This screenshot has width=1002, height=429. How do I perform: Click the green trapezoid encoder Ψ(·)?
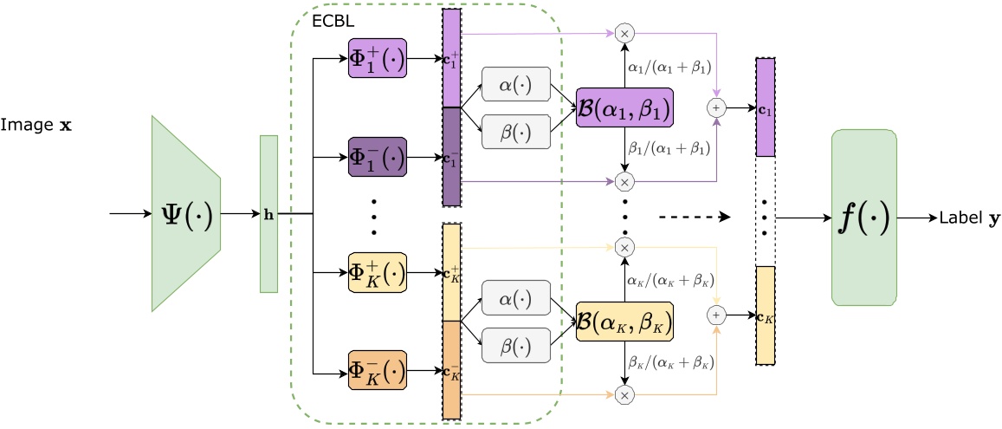[187, 213]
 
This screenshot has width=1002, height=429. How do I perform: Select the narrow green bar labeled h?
[268, 213]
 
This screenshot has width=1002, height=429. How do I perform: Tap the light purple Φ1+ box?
[377, 60]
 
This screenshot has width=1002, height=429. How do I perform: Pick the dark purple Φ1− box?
[377, 158]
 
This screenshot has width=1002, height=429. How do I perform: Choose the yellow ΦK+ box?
[377, 273]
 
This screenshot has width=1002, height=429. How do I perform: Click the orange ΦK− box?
[377, 373]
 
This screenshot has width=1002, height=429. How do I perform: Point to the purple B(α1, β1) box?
[624, 108]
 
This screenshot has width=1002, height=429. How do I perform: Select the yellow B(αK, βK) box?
[624, 322]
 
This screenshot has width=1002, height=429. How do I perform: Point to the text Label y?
[967, 218]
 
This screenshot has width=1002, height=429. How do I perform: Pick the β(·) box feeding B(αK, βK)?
[516, 345]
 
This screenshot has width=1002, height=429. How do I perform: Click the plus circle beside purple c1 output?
[716, 107]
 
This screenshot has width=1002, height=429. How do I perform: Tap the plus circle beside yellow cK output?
[716, 314]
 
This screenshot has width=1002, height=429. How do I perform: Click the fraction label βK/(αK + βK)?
[667, 361]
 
